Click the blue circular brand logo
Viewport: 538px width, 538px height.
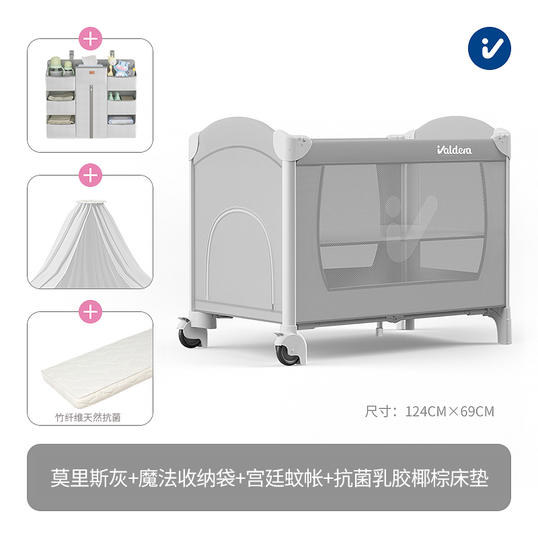tap(489, 49)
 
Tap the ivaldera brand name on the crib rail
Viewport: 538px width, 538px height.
tap(454, 150)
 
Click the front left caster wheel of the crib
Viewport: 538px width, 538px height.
tap(189, 336)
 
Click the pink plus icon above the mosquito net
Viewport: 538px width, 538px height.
tap(90, 176)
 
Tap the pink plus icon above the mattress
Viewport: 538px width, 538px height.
tap(90, 312)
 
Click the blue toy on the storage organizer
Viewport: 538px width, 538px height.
tap(122, 68)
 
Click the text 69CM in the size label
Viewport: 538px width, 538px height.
tap(478, 412)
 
